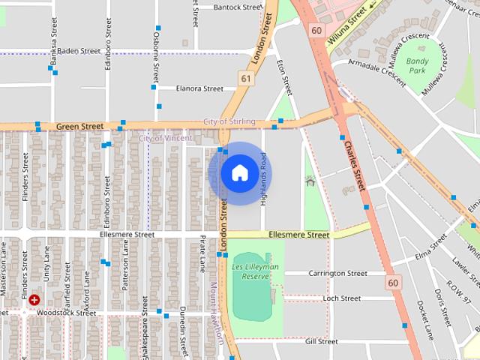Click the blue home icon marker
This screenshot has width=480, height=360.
239,173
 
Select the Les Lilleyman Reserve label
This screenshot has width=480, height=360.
255,271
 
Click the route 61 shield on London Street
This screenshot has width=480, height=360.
247,78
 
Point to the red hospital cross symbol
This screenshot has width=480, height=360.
34,300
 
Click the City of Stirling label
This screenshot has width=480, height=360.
229,121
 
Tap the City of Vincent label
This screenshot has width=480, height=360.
166,138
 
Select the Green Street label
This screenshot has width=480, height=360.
79,127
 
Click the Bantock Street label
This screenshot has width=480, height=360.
237,7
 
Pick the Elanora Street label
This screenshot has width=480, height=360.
199,88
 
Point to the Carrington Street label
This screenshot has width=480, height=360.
337,274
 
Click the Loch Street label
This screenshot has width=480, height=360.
341,298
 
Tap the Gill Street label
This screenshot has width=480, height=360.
321,341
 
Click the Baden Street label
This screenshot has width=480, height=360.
79,51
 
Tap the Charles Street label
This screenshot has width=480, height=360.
354,167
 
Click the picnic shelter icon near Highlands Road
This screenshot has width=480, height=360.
310,181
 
